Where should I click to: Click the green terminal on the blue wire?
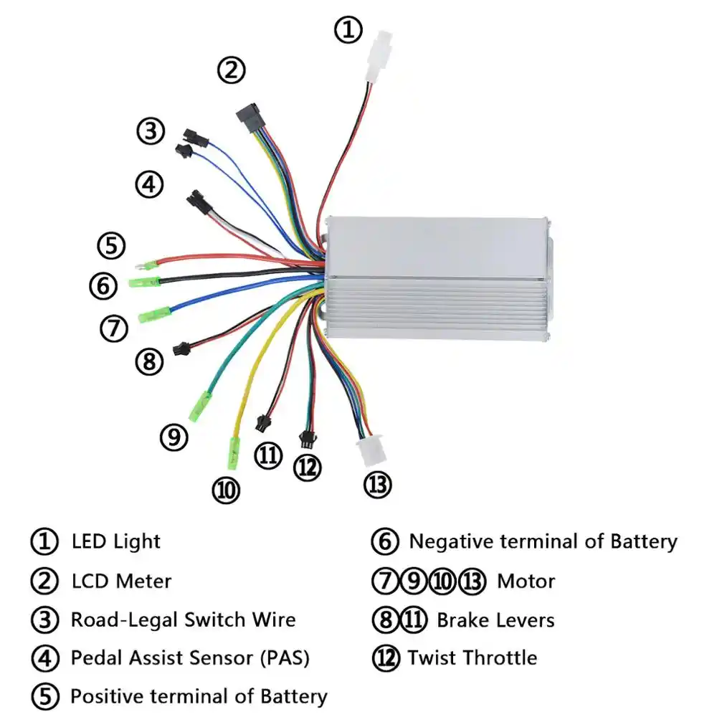[x=153, y=314]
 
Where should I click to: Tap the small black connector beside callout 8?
[x=179, y=351]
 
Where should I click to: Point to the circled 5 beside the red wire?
[x=111, y=246]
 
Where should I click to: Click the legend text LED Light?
[x=116, y=541]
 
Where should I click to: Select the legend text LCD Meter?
[x=121, y=580]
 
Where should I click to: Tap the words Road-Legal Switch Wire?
[x=183, y=619]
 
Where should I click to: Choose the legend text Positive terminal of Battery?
[x=199, y=695]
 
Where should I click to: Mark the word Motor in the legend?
[x=526, y=580]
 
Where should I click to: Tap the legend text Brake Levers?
[x=495, y=619]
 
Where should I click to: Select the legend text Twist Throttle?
[x=472, y=657]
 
